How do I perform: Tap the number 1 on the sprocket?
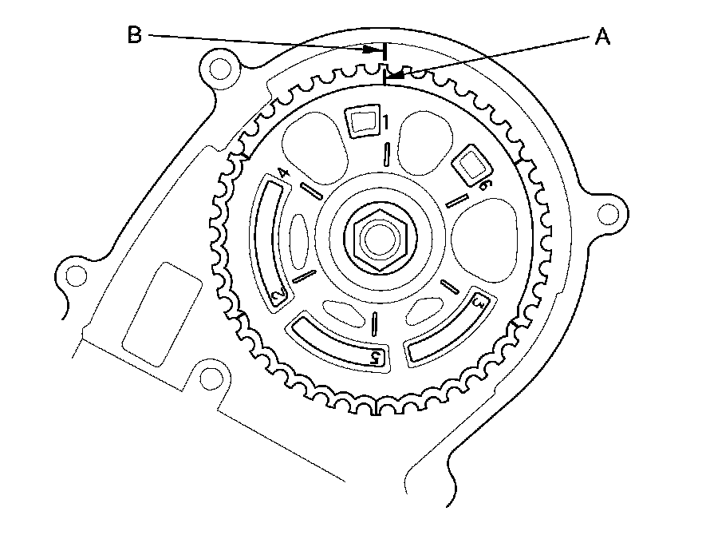click(385, 124)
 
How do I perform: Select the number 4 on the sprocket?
click(282, 173)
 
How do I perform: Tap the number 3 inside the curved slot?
click(479, 303)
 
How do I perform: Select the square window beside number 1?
click(363, 121)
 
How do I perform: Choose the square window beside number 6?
click(470, 167)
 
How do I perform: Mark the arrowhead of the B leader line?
click(372, 49)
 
